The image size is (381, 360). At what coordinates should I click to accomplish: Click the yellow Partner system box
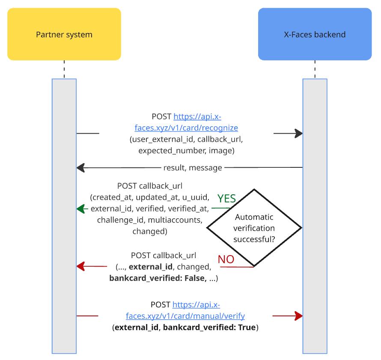[x=64, y=34]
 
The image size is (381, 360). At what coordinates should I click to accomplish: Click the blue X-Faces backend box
[x=315, y=34]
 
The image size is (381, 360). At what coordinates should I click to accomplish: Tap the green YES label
[x=226, y=199]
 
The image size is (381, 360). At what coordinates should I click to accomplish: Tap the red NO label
[x=226, y=259]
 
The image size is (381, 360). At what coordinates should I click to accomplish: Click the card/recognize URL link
[x=186, y=122]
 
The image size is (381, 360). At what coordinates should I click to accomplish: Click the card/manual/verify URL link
[x=185, y=311]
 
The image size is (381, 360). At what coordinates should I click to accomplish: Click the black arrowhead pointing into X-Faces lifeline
[x=298, y=134]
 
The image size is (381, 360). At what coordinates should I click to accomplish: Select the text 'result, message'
[x=193, y=167]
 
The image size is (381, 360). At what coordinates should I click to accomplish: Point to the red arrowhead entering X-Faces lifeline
[x=298, y=316]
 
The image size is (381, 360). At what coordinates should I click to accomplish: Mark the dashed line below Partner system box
[x=64, y=69]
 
